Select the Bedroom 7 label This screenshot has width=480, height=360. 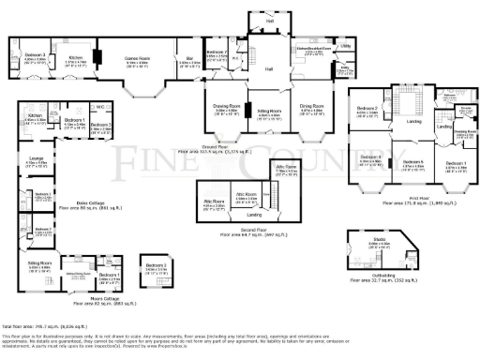pyautogui.click(x=217, y=52)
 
